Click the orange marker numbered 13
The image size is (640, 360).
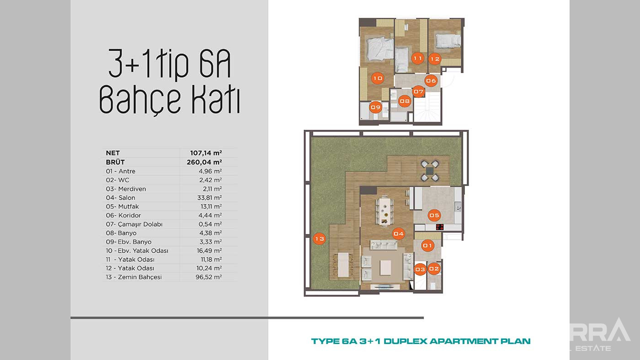click(x=319, y=238)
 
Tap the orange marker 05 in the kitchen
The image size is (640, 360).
click(x=434, y=215)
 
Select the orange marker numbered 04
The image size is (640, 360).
click(x=399, y=234)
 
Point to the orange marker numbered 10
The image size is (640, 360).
click(x=378, y=78)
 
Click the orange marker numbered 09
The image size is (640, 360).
click(x=376, y=107)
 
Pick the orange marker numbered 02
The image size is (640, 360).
click(x=434, y=269)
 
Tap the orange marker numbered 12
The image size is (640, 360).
click(x=435, y=59)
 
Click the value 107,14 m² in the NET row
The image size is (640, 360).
click(x=206, y=153)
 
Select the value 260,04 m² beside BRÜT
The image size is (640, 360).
click(x=204, y=162)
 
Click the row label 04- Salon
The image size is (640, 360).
click(x=120, y=197)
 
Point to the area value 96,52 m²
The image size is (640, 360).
click(x=208, y=277)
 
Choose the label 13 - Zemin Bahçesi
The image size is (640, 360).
click(x=133, y=277)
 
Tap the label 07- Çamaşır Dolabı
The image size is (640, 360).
click(x=134, y=224)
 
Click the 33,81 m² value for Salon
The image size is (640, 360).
click(x=209, y=197)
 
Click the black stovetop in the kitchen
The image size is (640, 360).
click(x=440, y=227)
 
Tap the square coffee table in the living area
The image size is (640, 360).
click(x=385, y=268)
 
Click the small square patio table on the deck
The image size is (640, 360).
click(x=429, y=171)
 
